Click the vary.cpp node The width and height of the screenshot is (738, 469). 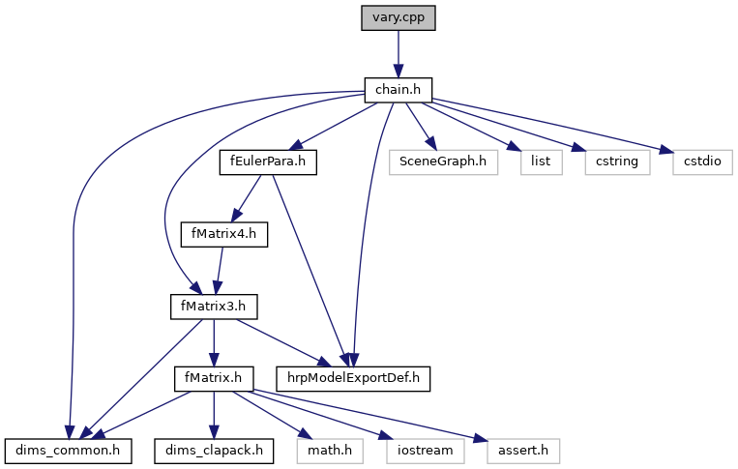tap(399, 18)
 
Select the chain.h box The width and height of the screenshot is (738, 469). tap(399, 90)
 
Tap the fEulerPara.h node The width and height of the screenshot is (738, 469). tap(268, 162)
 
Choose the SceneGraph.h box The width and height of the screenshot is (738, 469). tap(443, 162)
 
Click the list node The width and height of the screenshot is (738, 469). tap(542, 162)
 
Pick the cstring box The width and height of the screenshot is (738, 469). tap(617, 162)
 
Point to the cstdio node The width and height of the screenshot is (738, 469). tap(703, 162)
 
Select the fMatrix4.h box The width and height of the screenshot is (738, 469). tap(224, 234)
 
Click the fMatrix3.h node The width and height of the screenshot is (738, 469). tap(214, 307)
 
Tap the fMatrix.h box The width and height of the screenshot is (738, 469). tap(214, 379)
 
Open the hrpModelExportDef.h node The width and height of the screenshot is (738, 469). tap(353, 379)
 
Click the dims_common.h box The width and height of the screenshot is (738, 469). tap(69, 451)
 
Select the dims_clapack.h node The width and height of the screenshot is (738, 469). tap(214, 451)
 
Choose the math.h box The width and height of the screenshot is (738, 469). tap(330, 451)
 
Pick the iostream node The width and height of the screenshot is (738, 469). tap(425, 451)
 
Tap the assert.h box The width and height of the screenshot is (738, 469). tap(523, 451)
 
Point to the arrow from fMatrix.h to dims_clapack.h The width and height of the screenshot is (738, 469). tap(214, 415)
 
